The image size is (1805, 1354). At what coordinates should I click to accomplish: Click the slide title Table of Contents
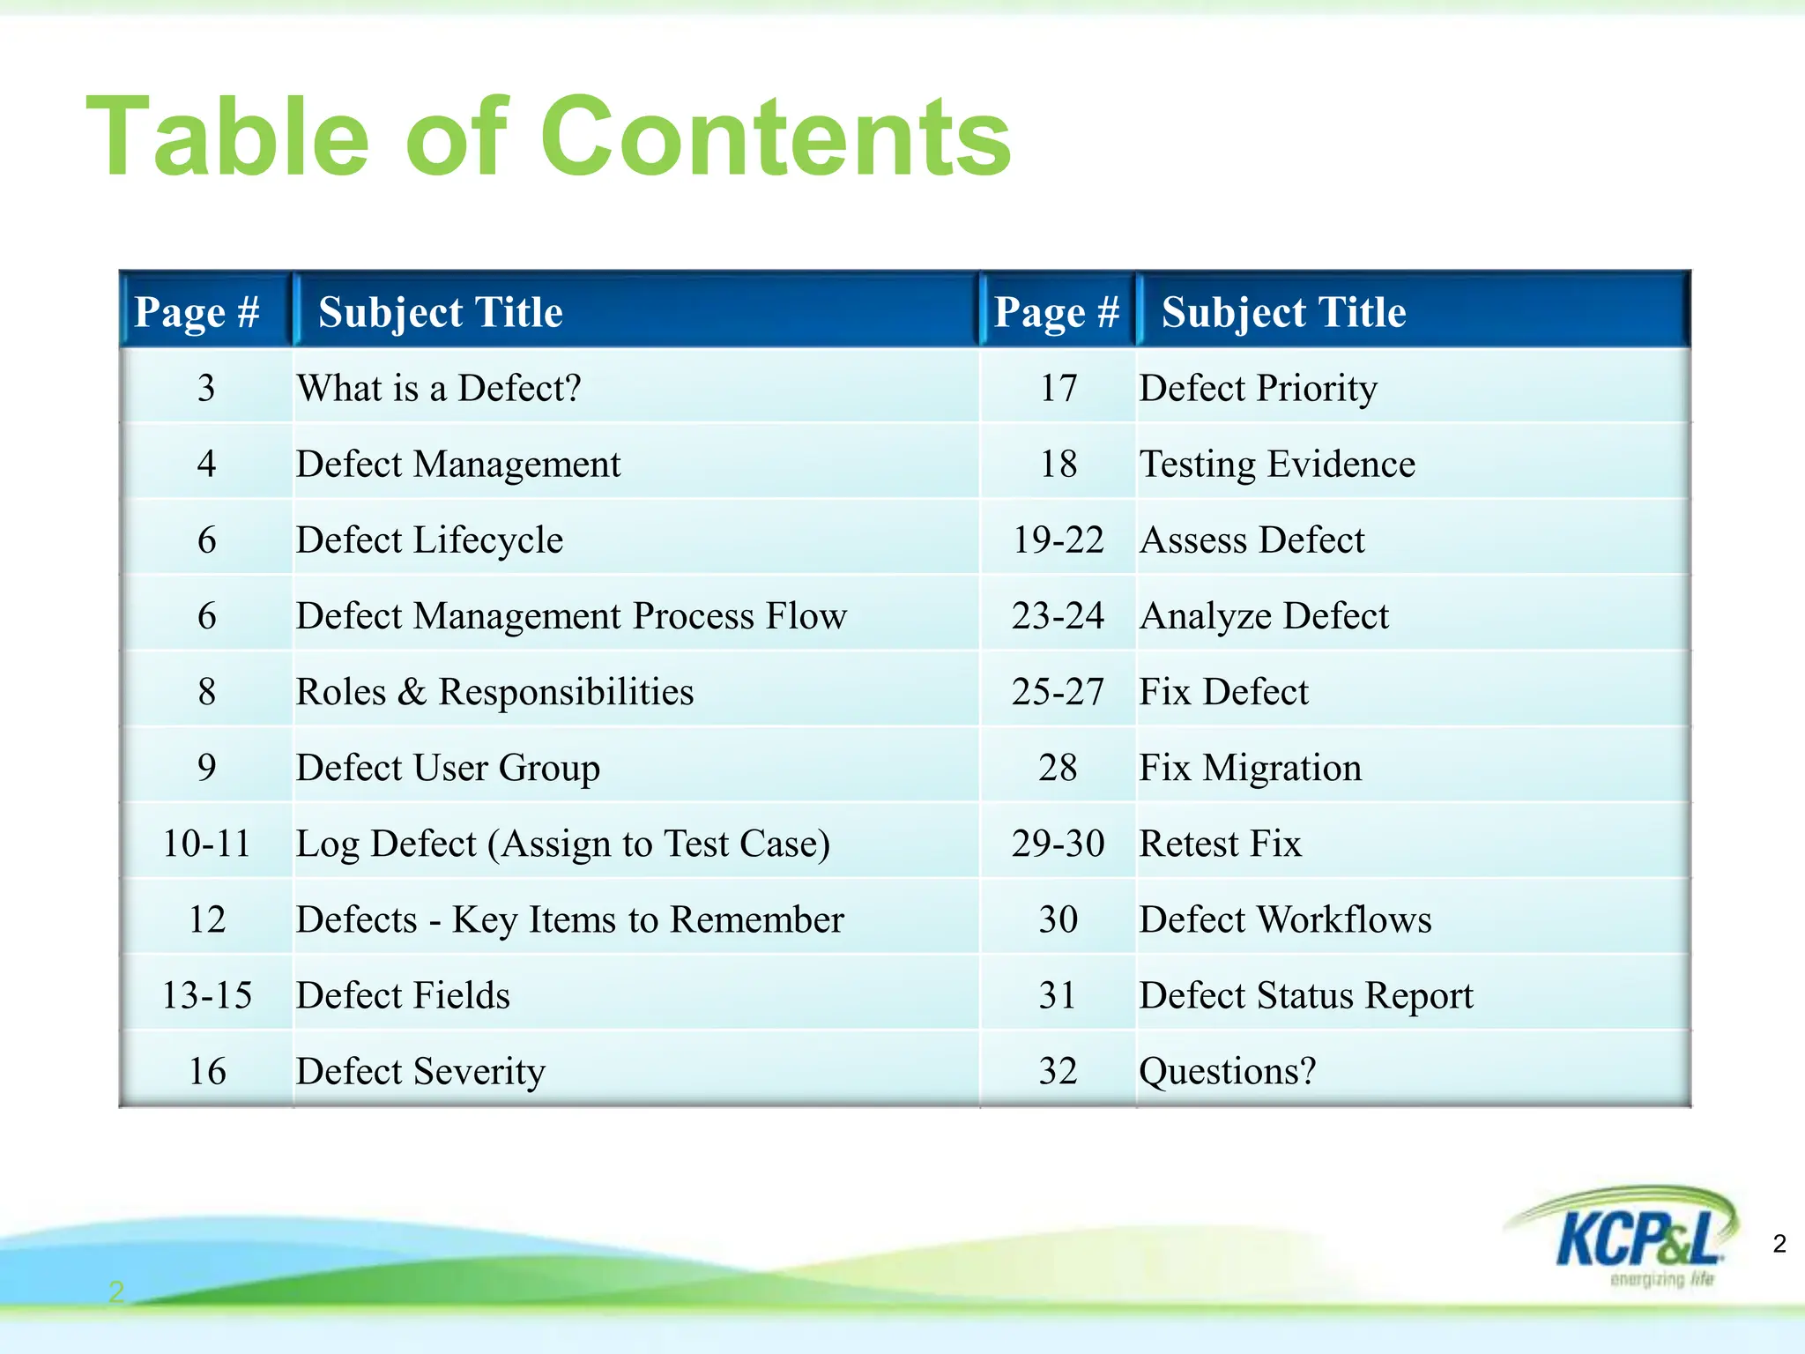[x=548, y=138]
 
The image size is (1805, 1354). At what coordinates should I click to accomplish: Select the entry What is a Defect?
[x=439, y=388]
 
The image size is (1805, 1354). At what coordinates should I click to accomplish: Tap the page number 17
[x=1058, y=388]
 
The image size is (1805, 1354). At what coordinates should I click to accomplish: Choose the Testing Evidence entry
[x=1277, y=465]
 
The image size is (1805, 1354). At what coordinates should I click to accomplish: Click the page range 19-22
[x=1058, y=540]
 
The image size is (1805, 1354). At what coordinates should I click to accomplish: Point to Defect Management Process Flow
[x=571, y=616]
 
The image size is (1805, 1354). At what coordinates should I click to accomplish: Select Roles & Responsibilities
[x=494, y=692]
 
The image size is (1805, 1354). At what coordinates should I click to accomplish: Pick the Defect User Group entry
[x=448, y=768]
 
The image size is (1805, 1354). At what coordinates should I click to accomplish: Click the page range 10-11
[x=206, y=844]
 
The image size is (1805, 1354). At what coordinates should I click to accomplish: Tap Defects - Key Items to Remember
[x=569, y=919]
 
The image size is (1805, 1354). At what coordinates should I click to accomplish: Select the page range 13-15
[x=206, y=995]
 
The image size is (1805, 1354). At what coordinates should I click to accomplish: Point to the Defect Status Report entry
[x=1305, y=995]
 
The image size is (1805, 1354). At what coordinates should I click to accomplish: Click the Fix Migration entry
[x=1250, y=768]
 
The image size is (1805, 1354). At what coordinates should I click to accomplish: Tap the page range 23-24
[x=1058, y=616]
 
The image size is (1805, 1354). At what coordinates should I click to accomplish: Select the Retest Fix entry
[x=1220, y=844]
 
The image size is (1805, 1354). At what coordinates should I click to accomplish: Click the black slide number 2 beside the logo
[x=1779, y=1244]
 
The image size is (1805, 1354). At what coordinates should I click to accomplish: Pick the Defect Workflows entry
[x=1285, y=919]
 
